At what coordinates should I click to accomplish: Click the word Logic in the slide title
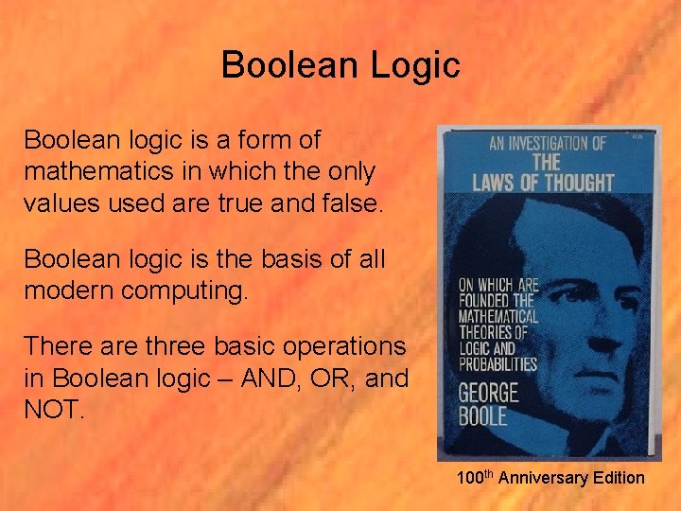(414, 66)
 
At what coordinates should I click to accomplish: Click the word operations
(335, 346)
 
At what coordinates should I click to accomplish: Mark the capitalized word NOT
(54, 411)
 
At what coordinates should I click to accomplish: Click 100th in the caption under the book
(476, 478)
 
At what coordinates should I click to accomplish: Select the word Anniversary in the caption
(544, 478)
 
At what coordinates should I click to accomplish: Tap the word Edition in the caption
(619, 478)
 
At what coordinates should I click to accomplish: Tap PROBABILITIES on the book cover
(498, 364)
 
